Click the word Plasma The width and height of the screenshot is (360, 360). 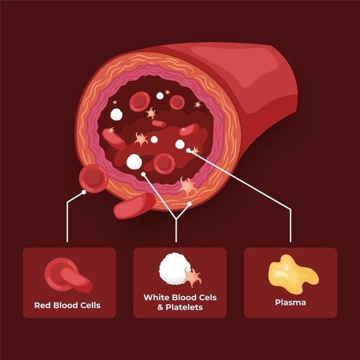[290, 302]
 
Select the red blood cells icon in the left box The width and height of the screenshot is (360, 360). [67, 274]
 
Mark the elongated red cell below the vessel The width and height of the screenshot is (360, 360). [134, 205]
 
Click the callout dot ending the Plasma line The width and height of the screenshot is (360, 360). [189, 150]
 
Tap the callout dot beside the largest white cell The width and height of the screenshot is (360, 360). [143, 172]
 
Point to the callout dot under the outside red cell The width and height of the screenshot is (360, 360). [85, 192]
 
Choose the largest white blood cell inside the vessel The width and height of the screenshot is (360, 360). [133, 162]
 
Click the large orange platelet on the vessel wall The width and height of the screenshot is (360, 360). [187, 186]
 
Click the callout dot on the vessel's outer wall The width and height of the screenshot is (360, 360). [189, 204]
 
